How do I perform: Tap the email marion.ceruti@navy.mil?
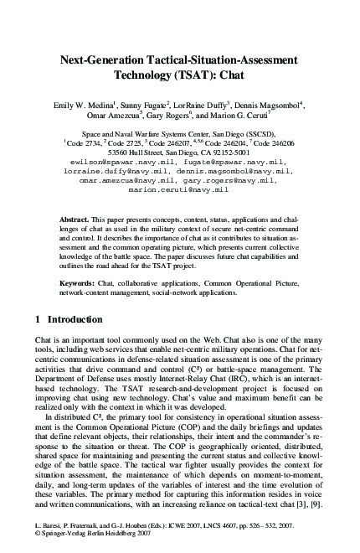coord(178,190)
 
